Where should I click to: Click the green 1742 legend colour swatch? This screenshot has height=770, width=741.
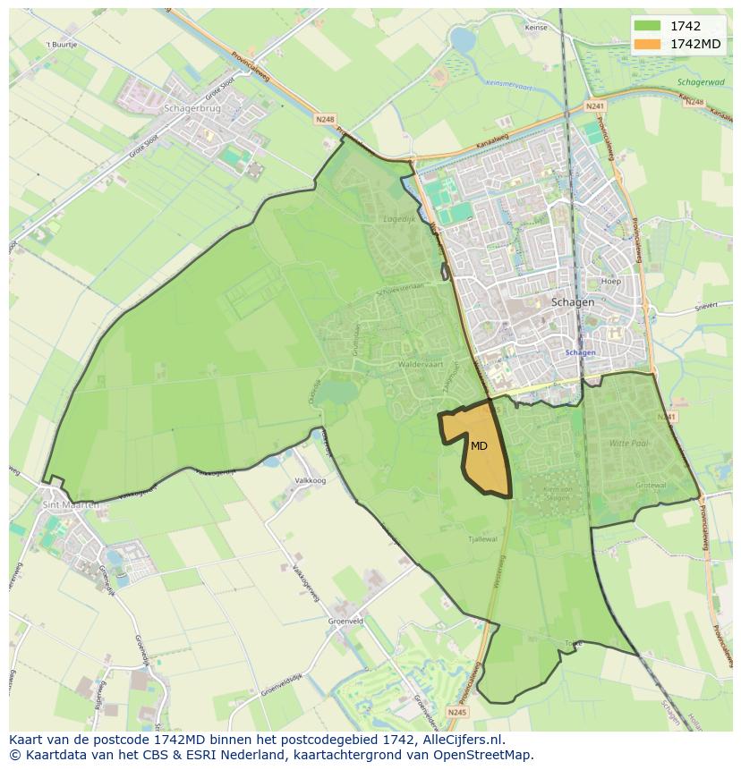(647, 26)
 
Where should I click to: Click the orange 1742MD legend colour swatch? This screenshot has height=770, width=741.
(647, 44)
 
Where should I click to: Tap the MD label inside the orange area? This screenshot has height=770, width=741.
(479, 445)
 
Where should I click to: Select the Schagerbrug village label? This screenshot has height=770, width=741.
(192, 108)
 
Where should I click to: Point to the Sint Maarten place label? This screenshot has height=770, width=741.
(71, 505)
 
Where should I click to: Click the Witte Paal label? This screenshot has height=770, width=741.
(629, 443)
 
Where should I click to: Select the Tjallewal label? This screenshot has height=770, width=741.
(481, 539)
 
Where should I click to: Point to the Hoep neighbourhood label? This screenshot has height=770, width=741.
(611, 281)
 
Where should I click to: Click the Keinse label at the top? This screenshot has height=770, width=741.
(536, 28)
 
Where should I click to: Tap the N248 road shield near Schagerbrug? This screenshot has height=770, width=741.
(324, 117)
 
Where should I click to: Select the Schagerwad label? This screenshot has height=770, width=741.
(700, 81)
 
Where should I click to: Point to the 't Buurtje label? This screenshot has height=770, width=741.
(62, 43)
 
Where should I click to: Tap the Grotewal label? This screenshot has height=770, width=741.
(651, 486)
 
